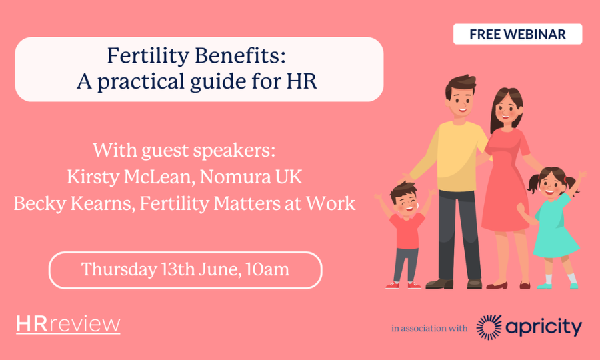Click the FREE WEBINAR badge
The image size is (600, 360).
point(518,34)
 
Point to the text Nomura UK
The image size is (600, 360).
point(251,177)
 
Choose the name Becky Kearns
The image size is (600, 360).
point(73,203)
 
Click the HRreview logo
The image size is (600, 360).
point(68,325)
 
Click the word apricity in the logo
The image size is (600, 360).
point(544,328)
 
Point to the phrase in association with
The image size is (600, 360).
point(429,328)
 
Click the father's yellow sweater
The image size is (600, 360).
point(455,156)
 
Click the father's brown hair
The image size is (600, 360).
point(460,84)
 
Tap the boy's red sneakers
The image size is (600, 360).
point(403,285)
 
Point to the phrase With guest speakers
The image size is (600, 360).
point(184,151)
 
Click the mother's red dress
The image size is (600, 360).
point(505,180)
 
